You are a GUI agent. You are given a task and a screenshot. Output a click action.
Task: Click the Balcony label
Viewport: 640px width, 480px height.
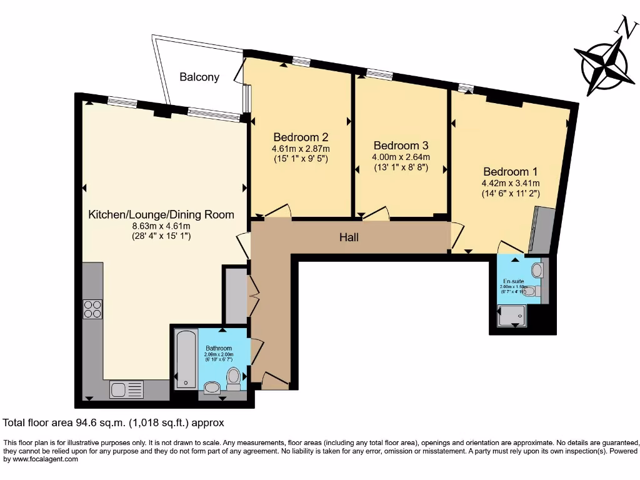pyautogui.click(x=199, y=77)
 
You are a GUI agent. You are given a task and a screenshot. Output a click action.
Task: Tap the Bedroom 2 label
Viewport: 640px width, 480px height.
pyautogui.click(x=301, y=137)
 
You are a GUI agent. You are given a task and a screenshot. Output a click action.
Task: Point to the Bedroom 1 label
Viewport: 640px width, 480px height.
pyautogui.click(x=510, y=171)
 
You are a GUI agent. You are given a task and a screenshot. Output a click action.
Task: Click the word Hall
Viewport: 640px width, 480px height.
pyautogui.click(x=349, y=237)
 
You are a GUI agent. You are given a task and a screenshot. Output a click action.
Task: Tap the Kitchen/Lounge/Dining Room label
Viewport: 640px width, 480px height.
pyautogui.click(x=161, y=214)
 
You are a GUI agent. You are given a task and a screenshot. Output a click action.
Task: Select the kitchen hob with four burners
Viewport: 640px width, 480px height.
pyautogui.click(x=93, y=310)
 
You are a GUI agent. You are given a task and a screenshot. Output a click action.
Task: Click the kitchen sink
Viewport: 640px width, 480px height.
pyautogui.click(x=126, y=389)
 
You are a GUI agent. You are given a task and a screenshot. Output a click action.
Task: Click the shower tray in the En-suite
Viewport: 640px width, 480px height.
pyautogui.click(x=512, y=317)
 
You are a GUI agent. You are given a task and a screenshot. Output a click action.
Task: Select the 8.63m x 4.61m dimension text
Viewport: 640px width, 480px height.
pyautogui.click(x=161, y=226)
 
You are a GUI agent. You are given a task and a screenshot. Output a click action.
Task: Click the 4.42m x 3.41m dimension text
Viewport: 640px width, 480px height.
pyautogui.click(x=510, y=183)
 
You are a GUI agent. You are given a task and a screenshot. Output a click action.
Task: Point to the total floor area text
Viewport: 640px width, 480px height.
pyautogui.click(x=114, y=422)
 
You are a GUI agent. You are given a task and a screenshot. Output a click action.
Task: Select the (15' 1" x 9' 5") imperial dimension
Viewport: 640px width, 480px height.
pyautogui.click(x=301, y=159)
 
